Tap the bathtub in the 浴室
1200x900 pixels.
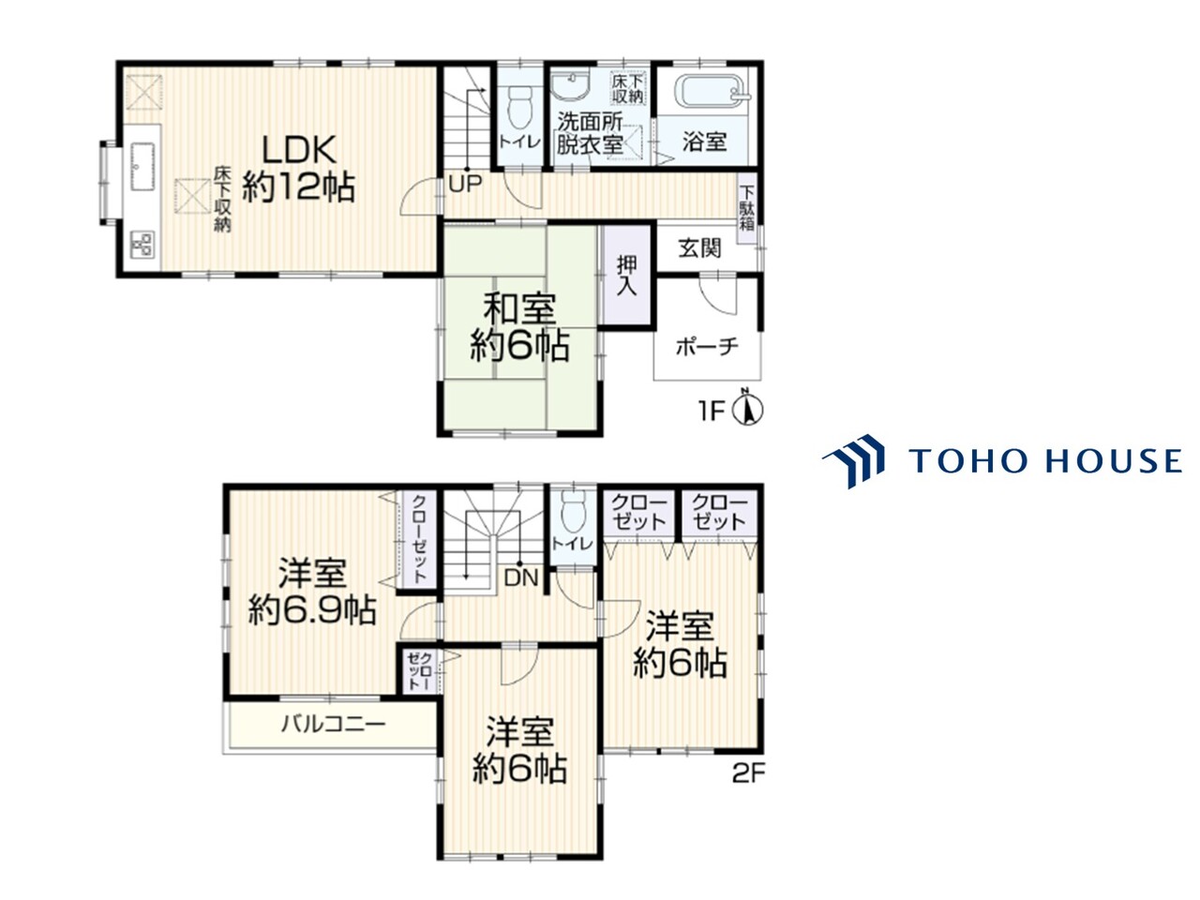[x=709, y=91]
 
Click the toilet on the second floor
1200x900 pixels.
[x=573, y=514]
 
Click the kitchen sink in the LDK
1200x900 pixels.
[x=142, y=167]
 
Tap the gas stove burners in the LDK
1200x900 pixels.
[x=142, y=245]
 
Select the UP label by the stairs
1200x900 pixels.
[x=465, y=184]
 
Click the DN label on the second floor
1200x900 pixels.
[x=521, y=577]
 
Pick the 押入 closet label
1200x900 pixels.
[x=626, y=276]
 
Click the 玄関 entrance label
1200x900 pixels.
[x=699, y=248]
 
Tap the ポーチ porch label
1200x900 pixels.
[x=707, y=347]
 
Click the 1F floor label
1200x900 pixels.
[x=711, y=411]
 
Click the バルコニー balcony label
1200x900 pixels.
[x=334, y=725]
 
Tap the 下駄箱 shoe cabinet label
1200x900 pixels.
[x=747, y=208]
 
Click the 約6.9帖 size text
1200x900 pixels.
[x=312, y=609]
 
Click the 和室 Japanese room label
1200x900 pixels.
[x=519, y=308]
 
